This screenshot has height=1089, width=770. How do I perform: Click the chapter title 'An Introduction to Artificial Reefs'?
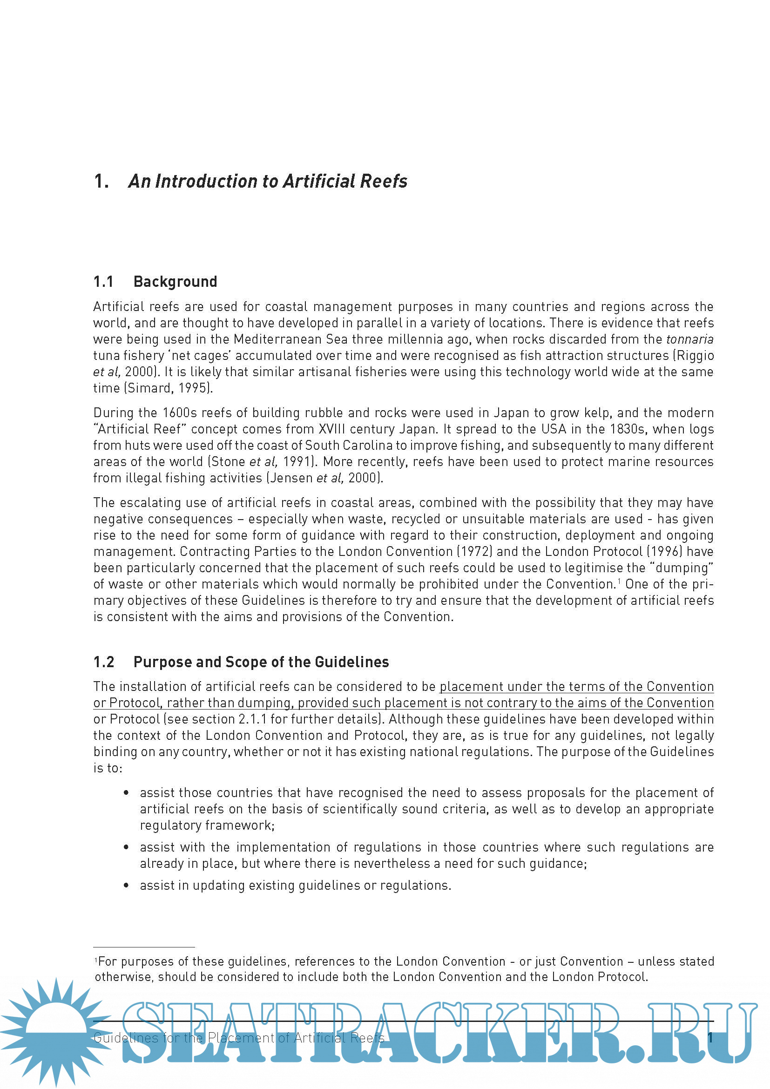(267, 181)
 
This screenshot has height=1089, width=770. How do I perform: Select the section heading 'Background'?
(175, 282)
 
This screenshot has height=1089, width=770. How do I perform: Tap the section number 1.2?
(104, 662)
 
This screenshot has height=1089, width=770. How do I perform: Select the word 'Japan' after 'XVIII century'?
(417, 429)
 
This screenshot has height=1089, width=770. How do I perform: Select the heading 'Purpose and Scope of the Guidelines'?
(261, 662)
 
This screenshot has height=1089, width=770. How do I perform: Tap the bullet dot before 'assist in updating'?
(126, 886)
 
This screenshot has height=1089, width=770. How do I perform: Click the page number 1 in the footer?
(710, 1038)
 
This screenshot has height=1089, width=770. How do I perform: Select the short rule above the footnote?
(144, 947)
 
